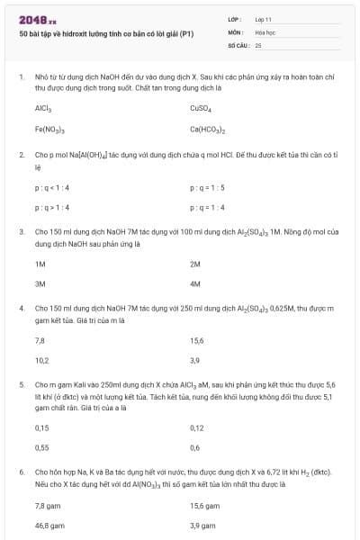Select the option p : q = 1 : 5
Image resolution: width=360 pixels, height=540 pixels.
[x=207, y=187]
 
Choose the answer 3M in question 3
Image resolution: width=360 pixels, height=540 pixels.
[x=40, y=283]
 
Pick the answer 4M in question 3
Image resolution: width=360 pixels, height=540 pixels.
[x=195, y=283]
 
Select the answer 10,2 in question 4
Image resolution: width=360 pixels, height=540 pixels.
[x=41, y=360]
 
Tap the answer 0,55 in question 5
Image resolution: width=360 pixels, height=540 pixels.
[x=41, y=446]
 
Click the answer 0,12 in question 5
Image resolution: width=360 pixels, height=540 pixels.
[x=197, y=427]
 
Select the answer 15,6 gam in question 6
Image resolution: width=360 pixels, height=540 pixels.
[x=204, y=506]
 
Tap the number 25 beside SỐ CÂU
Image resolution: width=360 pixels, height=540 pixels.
[x=258, y=44]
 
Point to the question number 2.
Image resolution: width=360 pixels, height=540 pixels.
[x=21, y=155]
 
